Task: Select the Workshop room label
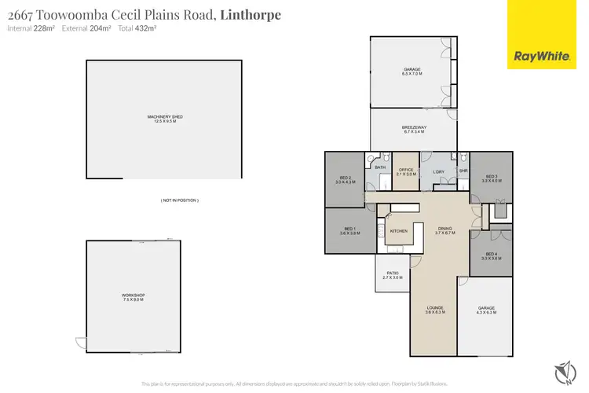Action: click(134, 297)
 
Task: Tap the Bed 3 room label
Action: click(491, 178)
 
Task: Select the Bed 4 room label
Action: click(491, 255)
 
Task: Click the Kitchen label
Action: click(398, 231)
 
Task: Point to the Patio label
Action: click(392, 275)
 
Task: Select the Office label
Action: click(406, 171)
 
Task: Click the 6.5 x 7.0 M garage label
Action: click(412, 72)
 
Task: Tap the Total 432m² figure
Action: click(137, 28)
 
